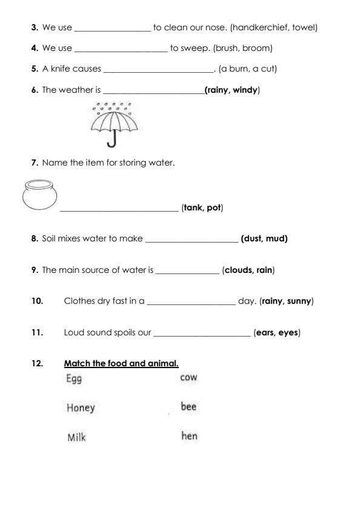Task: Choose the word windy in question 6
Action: (245, 90)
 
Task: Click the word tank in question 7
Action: (193, 208)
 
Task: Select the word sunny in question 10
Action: (299, 301)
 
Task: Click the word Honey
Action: (81, 408)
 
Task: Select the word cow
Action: (188, 377)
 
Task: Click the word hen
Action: (188, 435)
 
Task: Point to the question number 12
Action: (38, 364)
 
